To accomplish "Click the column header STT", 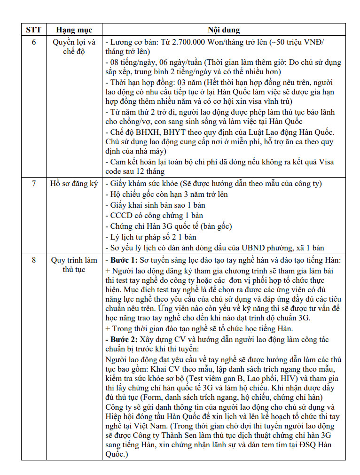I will click(x=33, y=30).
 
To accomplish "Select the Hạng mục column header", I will click(x=74, y=30).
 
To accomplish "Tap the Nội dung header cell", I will click(x=224, y=30).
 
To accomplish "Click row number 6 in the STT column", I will click(x=33, y=42).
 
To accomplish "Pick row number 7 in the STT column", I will click(x=33, y=183).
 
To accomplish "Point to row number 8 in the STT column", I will click(x=33, y=260).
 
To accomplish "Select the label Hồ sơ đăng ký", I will click(x=74, y=183).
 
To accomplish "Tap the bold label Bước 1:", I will click(x=121, y=260).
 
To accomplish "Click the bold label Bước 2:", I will click(x=121, y=339).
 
